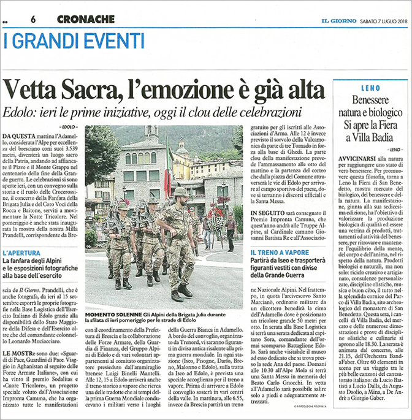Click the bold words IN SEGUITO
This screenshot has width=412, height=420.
coord(264,211)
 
